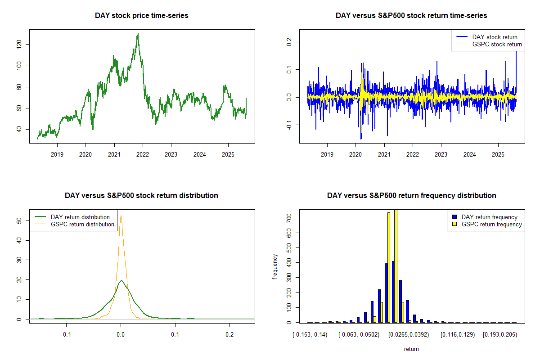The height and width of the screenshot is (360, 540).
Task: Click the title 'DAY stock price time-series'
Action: pyautogui.click(x=142, y=16)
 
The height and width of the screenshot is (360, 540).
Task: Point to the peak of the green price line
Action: pyautogui.click(x=138, y=34)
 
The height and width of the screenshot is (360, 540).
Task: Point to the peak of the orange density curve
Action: pyautogui.click(x=121, y=216)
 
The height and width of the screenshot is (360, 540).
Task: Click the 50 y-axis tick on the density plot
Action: pyautogui.click(x=19, y=221)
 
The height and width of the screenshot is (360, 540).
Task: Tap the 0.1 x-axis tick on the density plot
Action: pyautogui.click(x=175, y=335)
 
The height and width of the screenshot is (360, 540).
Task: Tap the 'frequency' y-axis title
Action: pyautogui.click(x=275, y=267)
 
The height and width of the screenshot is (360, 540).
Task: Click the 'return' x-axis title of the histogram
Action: pyautogui.click(x=411, y=349)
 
